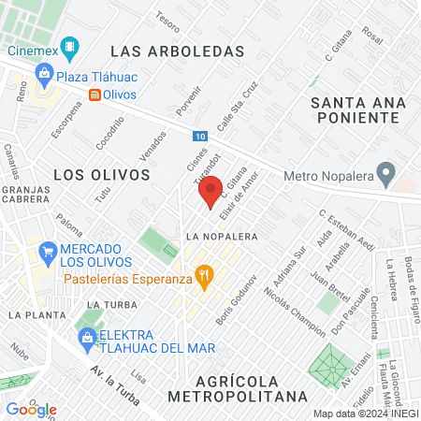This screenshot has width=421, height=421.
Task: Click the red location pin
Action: tap(210, 190)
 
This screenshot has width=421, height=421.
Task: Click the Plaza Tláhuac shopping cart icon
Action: tap(42, 75)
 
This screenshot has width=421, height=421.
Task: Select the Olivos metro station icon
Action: tap(95, 94)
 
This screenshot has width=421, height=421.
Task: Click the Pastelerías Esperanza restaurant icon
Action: tap(202, 275)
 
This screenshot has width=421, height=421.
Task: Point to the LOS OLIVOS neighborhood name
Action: tap(101, 174)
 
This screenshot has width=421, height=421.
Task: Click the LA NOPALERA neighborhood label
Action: tap(221, 236)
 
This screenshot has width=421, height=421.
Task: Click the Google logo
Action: tap(31, 410)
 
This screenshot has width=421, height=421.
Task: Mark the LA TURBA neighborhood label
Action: tap(105, 305)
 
